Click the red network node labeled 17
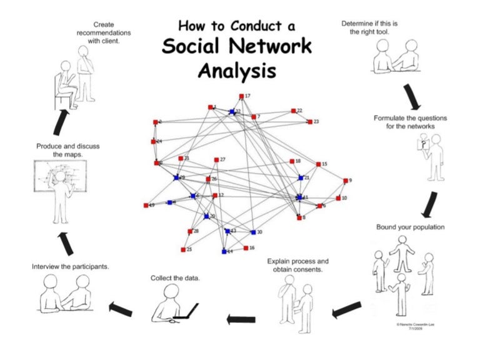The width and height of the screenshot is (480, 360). point(241,96)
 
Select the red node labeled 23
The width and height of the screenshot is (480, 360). point(309,122)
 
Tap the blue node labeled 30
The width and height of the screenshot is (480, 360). point(253,232)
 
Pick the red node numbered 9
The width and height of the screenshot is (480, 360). point(346,181)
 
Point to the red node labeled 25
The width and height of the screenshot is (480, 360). point(183,249)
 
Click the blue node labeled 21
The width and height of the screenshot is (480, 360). point(300,178)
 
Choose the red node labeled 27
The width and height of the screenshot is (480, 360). point(216,160)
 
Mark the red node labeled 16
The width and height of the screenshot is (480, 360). point(246,248)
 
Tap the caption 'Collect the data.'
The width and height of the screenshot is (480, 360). point(175,277)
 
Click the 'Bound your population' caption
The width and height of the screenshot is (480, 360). point(410,227)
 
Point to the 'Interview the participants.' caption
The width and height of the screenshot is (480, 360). point(71,266)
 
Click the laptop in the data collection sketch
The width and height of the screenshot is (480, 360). point(187,311)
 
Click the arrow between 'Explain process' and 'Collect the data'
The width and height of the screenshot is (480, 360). point(240,319)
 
